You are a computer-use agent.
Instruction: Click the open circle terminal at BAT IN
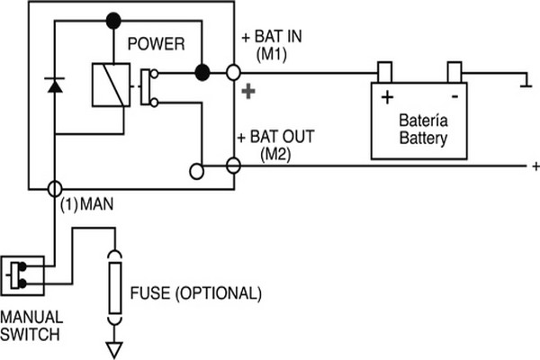tap(234, 72)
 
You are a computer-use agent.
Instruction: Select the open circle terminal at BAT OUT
tap(233, 166)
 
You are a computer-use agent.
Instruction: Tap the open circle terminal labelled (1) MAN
tap(54, 189)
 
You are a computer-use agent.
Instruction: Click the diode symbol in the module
tap(54, 85)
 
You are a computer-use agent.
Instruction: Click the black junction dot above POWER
tap(112, 19)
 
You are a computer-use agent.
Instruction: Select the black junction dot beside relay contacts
tap(202, 72)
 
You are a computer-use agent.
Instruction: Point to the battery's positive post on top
tap(384, 71)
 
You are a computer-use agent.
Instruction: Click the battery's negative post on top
tap(454, 71)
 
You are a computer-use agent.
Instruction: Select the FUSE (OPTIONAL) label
tap(195, 293)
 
